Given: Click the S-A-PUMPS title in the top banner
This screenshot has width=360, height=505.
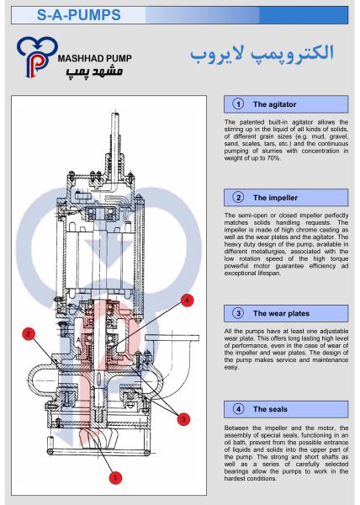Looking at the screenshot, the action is [x=79, y=15].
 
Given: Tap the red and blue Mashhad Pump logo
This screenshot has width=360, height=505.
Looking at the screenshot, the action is [x=37, y=57].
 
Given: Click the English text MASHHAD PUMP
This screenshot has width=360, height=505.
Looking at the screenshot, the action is [x=95, y=58].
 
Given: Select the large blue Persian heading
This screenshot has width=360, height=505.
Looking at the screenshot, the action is [x=262, y=54].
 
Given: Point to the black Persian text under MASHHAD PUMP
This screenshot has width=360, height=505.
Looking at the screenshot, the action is [x=95, y=72].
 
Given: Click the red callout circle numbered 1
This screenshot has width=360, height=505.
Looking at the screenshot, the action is [x=115, y=477].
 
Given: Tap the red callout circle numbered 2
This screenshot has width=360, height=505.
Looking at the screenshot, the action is [x=29, y=334].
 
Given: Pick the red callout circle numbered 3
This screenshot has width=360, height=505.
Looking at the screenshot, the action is [x=183, y=419].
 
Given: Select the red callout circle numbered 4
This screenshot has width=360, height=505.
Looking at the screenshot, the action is [x=188, y=300].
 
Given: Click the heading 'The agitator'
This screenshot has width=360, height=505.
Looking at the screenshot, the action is [x=274, y=104].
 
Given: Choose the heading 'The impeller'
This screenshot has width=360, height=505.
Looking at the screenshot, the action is [x=275, y=198].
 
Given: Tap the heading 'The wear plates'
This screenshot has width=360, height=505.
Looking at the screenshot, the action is [x=281, y=313].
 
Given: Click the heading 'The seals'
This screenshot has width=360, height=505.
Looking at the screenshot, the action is [x=270, y=409].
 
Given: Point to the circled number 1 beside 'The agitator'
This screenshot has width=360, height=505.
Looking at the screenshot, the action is [x=238, y=104].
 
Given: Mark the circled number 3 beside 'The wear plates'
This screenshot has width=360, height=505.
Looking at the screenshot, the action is [x=238, y=313].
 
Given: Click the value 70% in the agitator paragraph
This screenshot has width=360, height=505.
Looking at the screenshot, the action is [x=273, y=158].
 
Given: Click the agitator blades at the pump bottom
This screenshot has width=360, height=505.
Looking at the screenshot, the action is [x=100, y=438].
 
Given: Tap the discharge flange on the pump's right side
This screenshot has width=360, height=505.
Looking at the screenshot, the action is [x=172, y=338].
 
